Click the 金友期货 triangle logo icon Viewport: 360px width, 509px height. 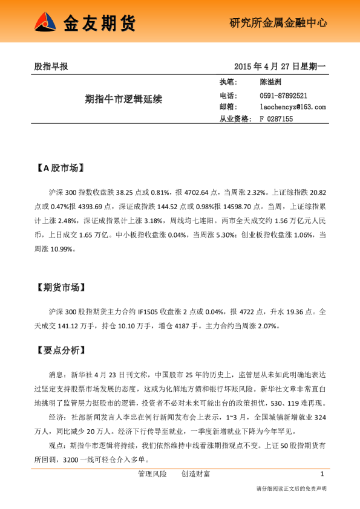[x=46, y=23]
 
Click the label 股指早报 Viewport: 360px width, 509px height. [x=51, y=66]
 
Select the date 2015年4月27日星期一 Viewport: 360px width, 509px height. [x=280, y=66]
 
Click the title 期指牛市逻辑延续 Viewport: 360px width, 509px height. [x=123, y=99]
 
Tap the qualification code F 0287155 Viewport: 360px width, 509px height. [x=277, y=119]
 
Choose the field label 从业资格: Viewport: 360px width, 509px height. [x=235, y=119]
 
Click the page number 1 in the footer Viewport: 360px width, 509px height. [x=322, y=473]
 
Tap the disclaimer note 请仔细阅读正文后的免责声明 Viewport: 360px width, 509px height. [x=292, y=488]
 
